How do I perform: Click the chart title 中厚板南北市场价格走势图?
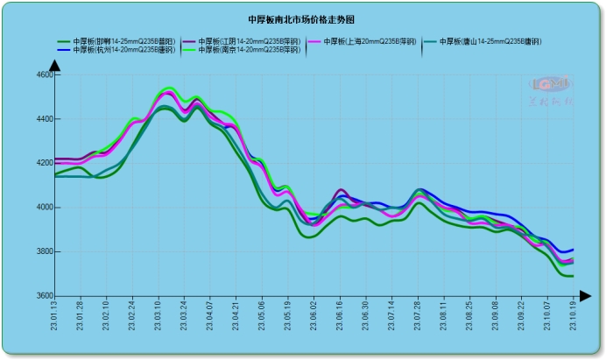(301, 18)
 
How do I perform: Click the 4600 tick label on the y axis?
(44, 75)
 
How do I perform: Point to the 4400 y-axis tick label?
(44, 119)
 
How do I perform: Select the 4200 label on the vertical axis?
(44, 164)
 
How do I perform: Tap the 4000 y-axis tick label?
(44, 208)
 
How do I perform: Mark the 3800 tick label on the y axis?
(44, 252)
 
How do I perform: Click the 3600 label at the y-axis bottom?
(44, 296)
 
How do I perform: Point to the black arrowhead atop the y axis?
(54, 66)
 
